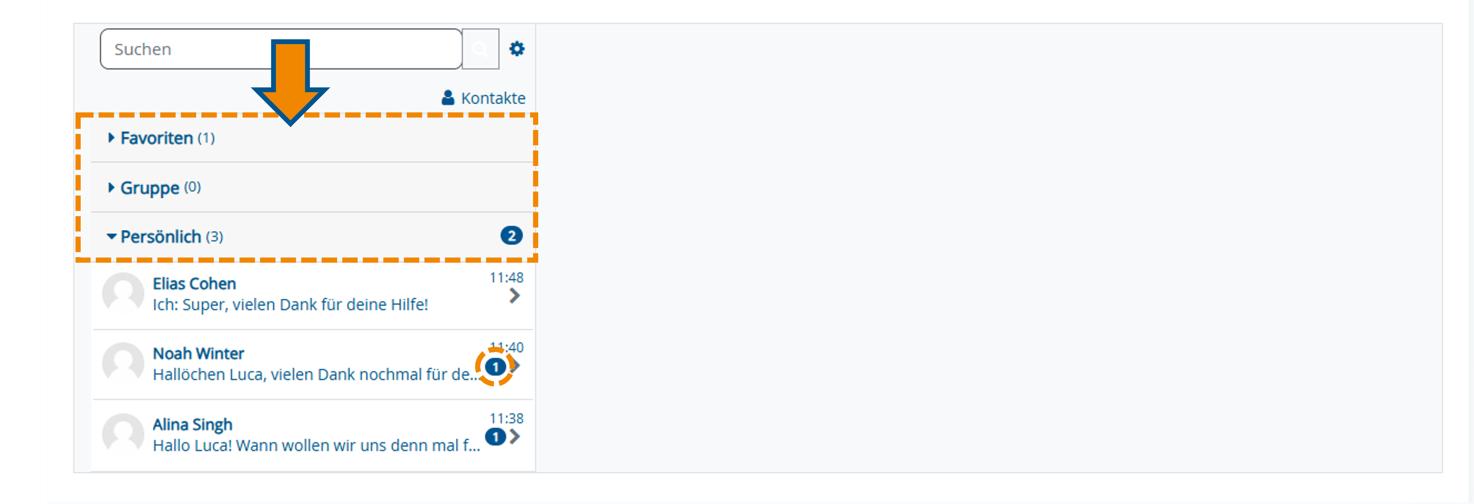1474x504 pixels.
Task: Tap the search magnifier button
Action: tap(480, 49)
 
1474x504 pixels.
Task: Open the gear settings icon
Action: tap(517, 49)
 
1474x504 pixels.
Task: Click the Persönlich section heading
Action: tap(161, 236)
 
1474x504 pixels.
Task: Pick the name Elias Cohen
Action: tap(194, 284)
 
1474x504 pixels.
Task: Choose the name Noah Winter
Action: tap(198, 354)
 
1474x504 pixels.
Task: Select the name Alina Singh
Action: tap(192, 424)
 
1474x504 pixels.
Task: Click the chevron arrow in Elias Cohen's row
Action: tap(514, 296)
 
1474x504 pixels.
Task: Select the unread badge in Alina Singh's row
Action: tap(495, 437)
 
